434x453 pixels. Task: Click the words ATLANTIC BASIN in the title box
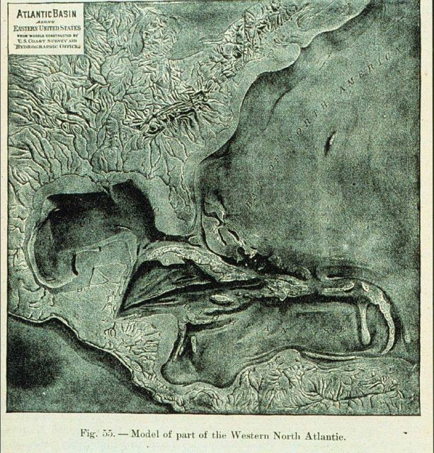(45, 12)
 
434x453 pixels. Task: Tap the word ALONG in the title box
(45, 21)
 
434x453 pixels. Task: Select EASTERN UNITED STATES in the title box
(45, 28)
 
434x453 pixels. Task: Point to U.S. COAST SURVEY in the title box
(45, 40)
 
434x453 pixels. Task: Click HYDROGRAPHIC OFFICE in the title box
(45, 47)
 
